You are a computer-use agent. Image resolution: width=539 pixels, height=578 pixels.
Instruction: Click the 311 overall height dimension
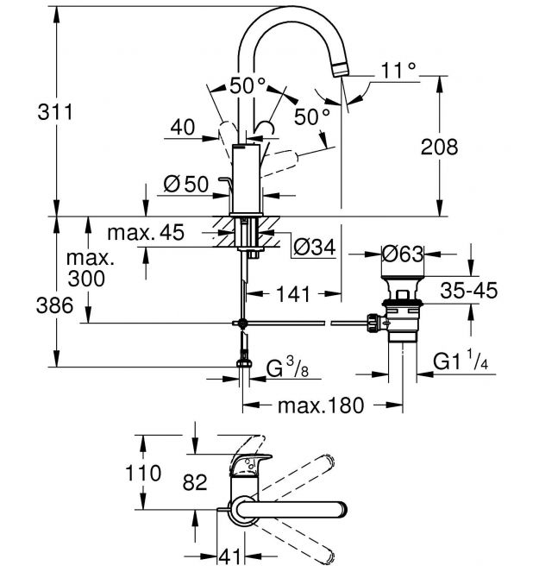(55, 112)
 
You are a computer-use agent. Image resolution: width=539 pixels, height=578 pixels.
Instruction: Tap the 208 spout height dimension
(439, 147)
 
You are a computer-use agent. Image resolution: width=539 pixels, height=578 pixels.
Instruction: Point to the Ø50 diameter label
(185, 185)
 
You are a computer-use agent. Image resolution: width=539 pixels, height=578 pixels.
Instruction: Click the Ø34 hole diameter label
(315, 247)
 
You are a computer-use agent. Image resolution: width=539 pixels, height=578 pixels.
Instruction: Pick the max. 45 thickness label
(146, 233)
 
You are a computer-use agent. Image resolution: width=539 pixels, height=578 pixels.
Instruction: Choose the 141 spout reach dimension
(293, 294)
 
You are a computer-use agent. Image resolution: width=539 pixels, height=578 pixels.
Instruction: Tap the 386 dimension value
(54, 305)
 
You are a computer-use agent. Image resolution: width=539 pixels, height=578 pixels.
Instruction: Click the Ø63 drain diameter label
(403, 254)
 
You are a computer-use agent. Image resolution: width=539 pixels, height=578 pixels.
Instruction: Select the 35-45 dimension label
(468, 290)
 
